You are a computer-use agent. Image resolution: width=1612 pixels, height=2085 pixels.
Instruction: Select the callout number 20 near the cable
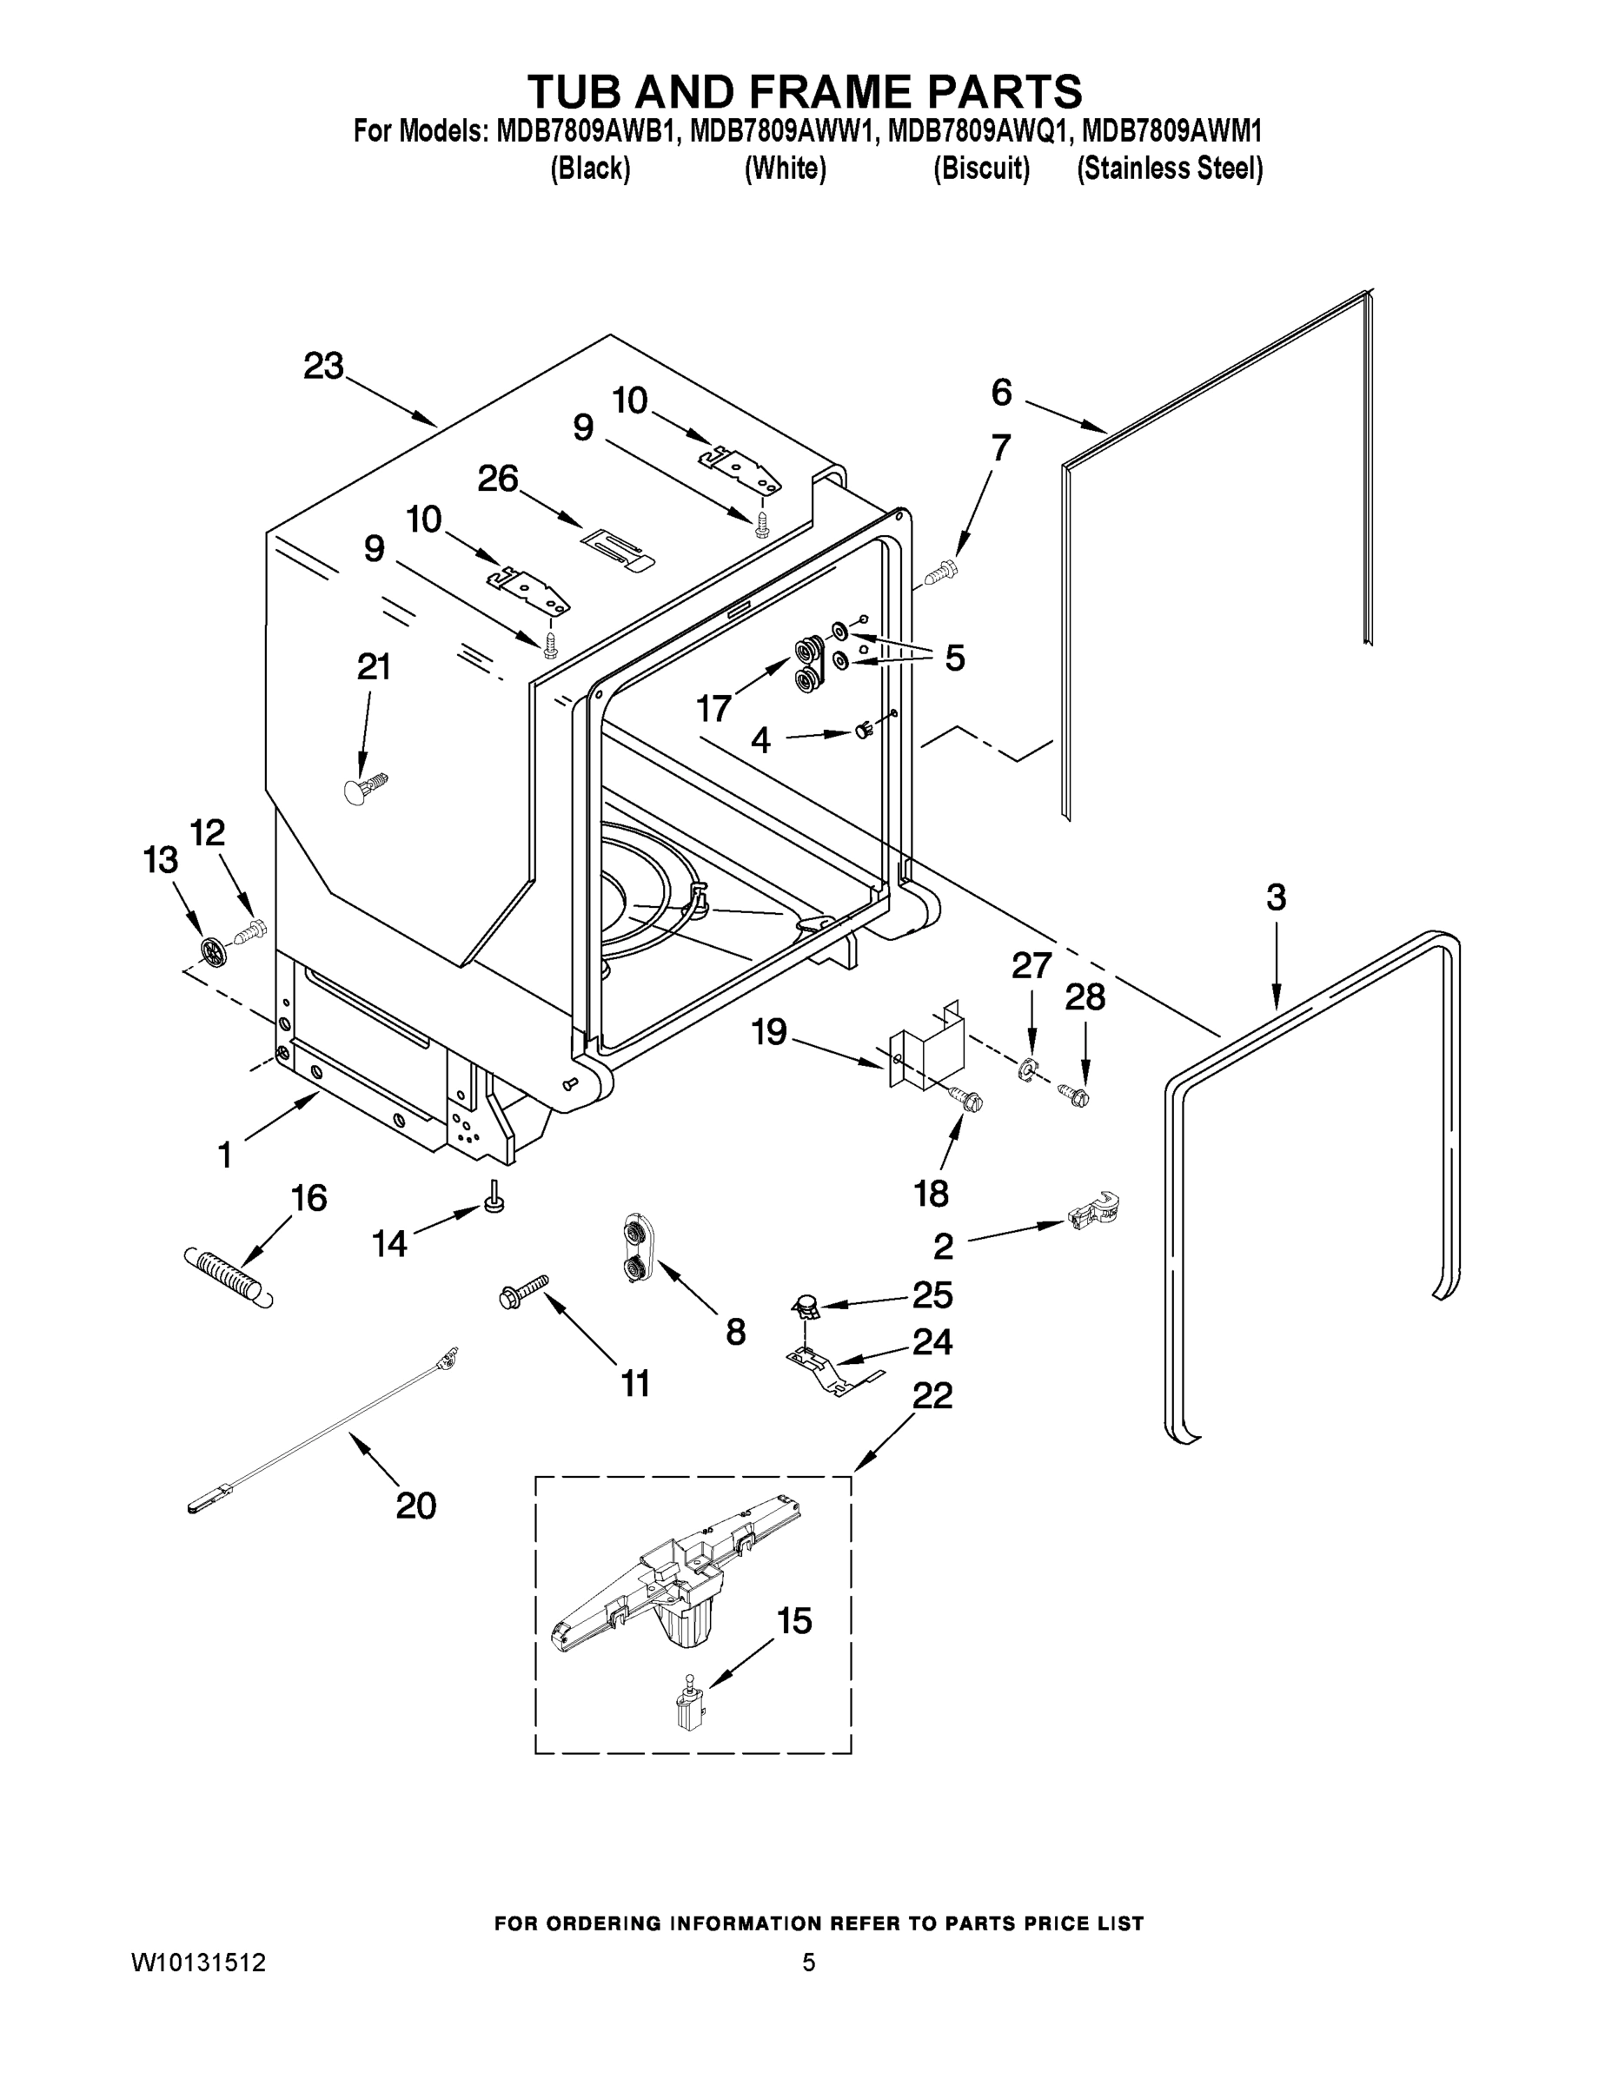(415, 1506)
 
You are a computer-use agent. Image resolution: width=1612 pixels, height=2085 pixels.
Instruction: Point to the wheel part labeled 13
(214, 950)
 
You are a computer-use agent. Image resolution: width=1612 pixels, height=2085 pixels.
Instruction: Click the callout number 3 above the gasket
(1276, 897)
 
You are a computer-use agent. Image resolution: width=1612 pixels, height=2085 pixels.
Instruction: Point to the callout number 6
(1001, 392)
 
